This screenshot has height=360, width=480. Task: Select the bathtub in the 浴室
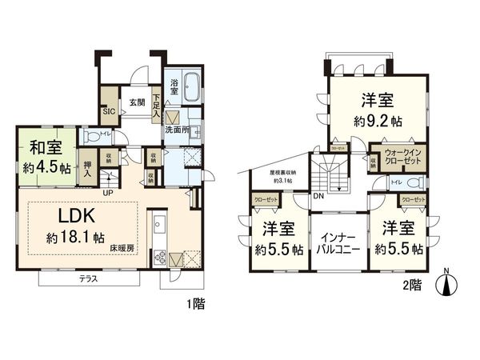(x=183, y=89)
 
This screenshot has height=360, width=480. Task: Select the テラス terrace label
(x=89, y=279)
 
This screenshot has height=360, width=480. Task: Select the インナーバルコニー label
(x=338, y=244)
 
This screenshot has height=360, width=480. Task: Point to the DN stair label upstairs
(x=318, y=197)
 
